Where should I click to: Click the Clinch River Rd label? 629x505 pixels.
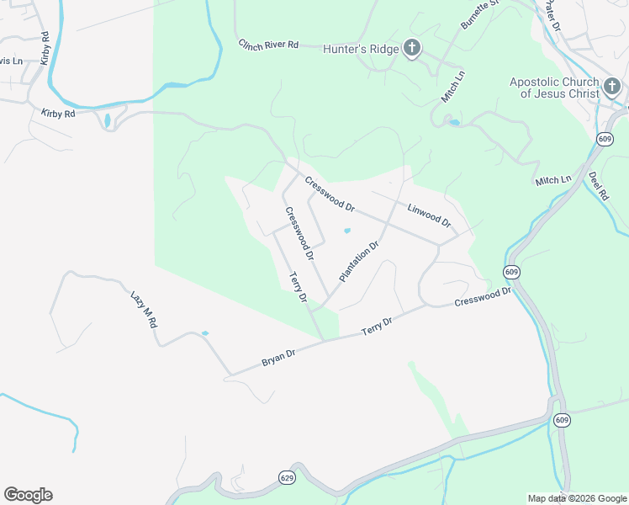coord(268,44)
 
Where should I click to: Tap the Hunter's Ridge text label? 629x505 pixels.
coord(361,49)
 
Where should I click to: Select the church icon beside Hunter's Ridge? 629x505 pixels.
coord(411,48)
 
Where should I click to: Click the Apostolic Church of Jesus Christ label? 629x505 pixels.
coord(553,88)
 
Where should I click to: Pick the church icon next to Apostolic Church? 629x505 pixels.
coord(611,86)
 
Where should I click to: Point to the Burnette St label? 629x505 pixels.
coord(480,14)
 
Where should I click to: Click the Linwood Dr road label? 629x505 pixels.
coord(429,216)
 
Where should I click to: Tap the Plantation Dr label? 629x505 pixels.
coord(360,261)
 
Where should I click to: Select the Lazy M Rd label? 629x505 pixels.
coord(144,316)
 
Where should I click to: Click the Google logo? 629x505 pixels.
coord(28,495)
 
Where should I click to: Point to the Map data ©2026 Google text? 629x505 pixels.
coord(577,498)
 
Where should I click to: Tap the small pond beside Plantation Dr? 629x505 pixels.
coord(347,231)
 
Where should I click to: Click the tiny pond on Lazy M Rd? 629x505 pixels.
coord(205,333)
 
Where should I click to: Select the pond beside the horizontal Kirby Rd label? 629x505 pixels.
coord(107,120)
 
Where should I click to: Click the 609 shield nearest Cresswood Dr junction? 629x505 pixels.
coord(511,272)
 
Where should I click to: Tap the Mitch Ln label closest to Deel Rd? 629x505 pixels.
coord(552,181)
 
